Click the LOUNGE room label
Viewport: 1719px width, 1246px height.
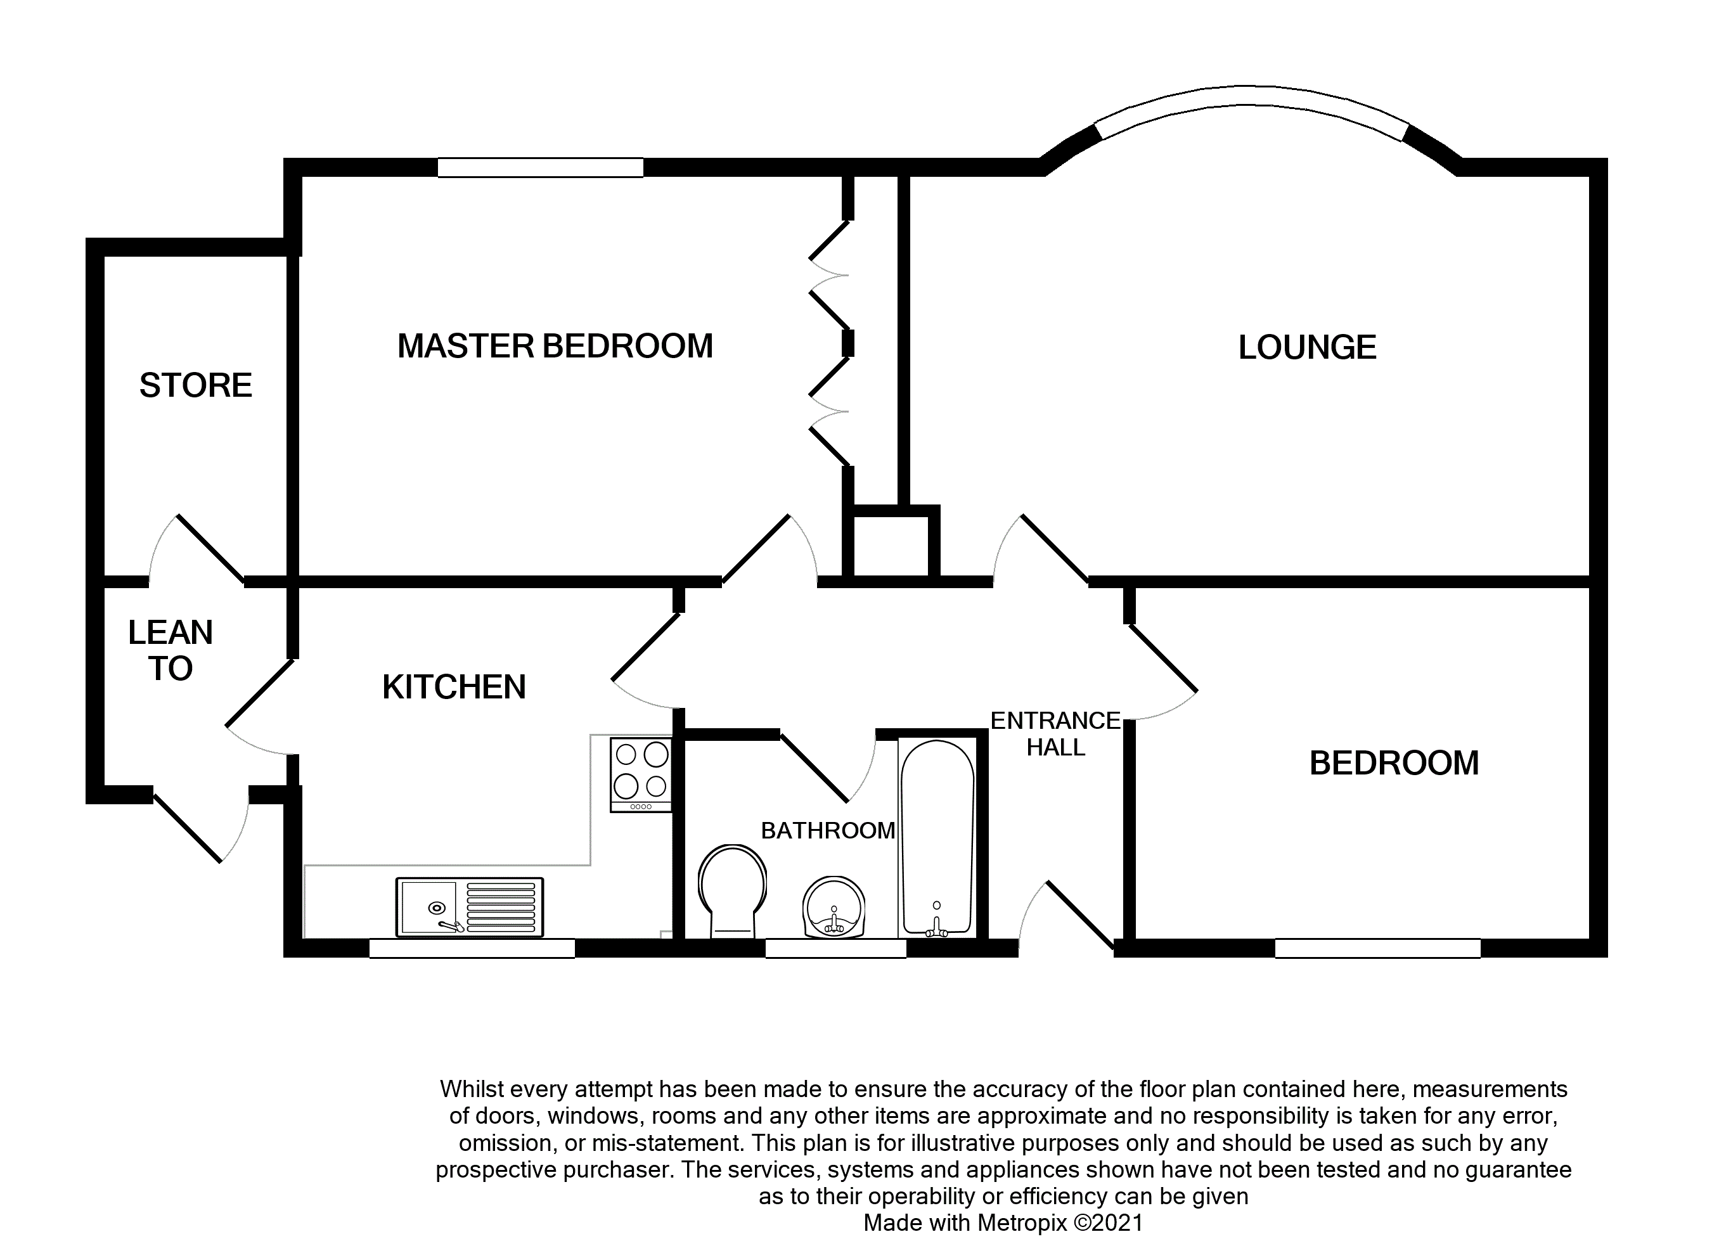click(1307, 348)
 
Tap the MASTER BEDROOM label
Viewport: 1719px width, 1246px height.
click(555, 347)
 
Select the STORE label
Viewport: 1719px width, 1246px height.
click(196, 386)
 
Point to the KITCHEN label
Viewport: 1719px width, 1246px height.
click(453, 688)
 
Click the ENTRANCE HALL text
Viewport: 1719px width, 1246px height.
click(1055, 734)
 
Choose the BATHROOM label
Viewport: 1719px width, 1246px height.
click(828, 831)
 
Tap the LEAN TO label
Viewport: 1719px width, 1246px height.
click(170, 650)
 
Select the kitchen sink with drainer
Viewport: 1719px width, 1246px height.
click(469, 907)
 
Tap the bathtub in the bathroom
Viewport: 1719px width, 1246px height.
click(937, 837)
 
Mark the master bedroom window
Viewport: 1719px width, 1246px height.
click(541, 167)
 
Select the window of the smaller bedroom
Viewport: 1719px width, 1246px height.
click(1377, 948)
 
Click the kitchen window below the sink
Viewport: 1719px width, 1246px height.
click(472, 948)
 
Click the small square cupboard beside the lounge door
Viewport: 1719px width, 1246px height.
click(890, 546)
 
